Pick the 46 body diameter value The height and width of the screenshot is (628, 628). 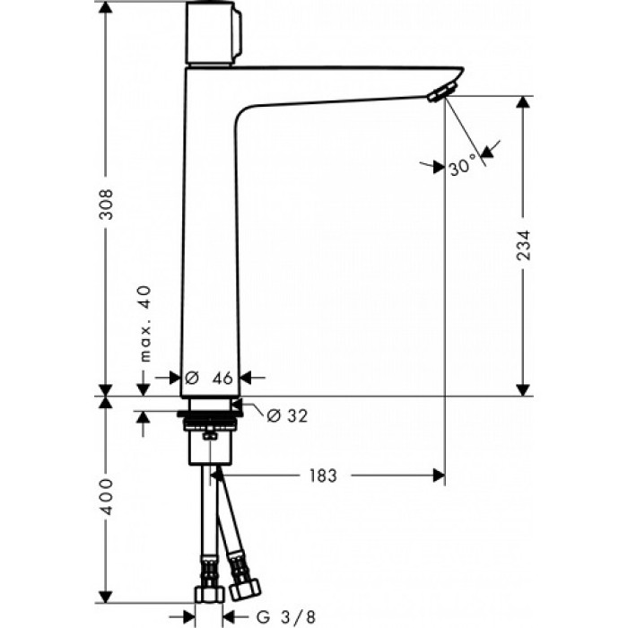[x=222, y=379]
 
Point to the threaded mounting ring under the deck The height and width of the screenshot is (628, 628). [x=211, y=418]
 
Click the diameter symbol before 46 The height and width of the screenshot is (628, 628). [x=190, y=379]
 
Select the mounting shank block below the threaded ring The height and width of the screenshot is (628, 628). [x=212, y=447]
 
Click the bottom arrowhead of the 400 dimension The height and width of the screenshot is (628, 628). [x=106, y=596]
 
